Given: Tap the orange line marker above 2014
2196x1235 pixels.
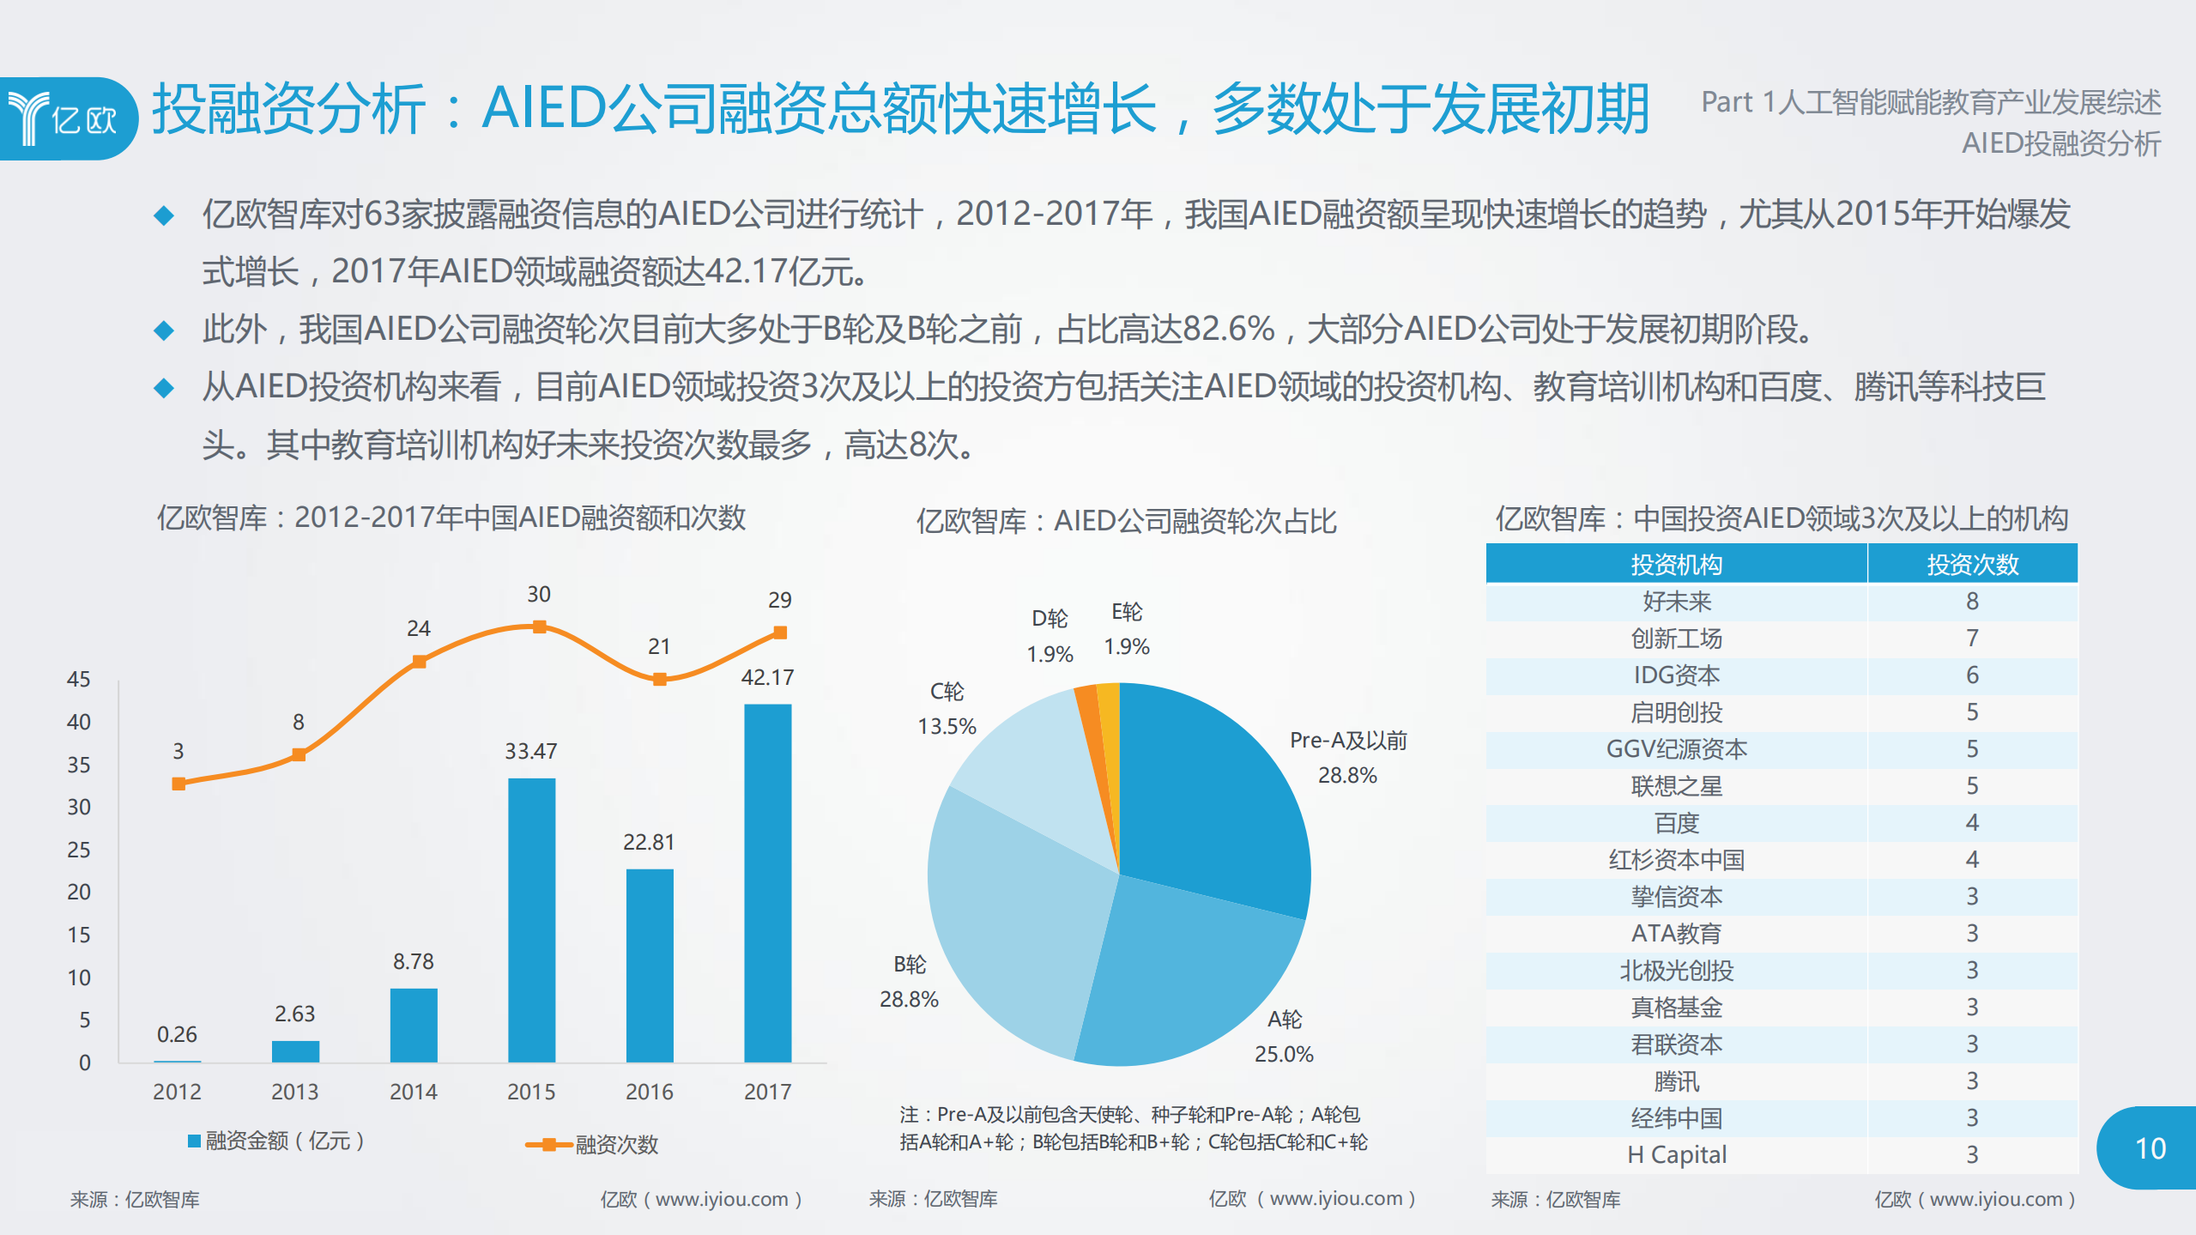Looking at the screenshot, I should point(419,661).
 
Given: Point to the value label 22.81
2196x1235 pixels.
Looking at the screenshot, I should point(648,842).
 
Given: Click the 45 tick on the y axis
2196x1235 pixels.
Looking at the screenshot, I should point(78,679).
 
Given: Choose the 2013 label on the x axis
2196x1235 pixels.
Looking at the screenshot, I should point(294,1092).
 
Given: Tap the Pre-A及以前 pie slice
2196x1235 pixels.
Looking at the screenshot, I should point(1210,798).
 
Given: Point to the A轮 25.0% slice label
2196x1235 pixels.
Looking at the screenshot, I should point(1284,1037).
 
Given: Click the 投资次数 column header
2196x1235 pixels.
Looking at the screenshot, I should point(1971,564).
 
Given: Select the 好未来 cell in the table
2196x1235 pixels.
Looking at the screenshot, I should point(1676,602).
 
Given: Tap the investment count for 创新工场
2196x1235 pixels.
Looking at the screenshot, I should point(1971,639).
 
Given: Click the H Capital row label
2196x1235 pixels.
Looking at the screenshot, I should point(1676,1154).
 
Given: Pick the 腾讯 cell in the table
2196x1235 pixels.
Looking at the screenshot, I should point(1676,1081).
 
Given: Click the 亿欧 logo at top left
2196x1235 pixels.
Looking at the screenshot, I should point(64,118).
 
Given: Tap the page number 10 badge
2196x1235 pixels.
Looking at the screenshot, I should point(2149,1148).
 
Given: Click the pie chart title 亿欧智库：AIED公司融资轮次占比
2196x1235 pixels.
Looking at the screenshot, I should point(1125,521).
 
